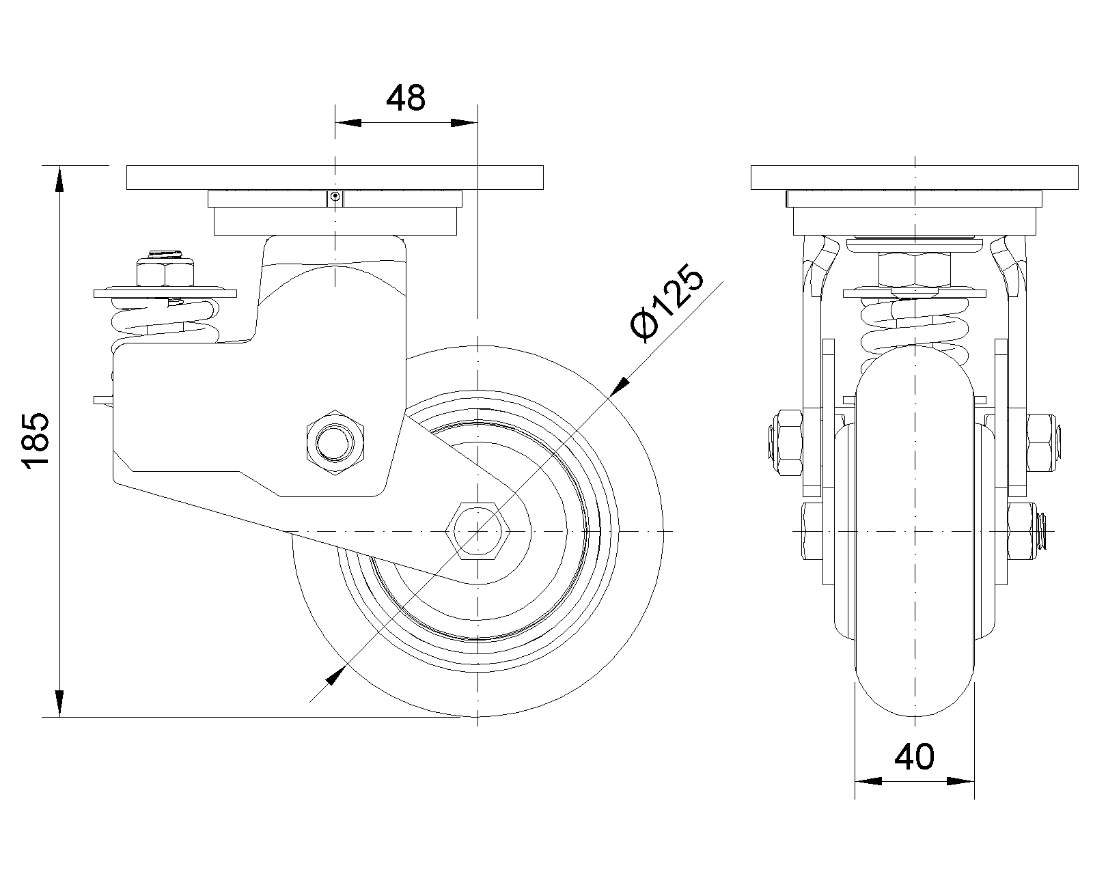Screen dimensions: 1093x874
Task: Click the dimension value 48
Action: point(405,98)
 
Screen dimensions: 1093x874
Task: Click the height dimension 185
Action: point(35,440)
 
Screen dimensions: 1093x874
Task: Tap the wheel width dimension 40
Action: point(914,757)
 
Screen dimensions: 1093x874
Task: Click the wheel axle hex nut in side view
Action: point(478,531)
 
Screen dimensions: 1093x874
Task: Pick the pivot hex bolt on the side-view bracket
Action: point(335,443)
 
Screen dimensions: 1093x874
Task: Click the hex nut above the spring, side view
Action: point(165,272)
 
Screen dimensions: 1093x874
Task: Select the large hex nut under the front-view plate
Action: point(914,270)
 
